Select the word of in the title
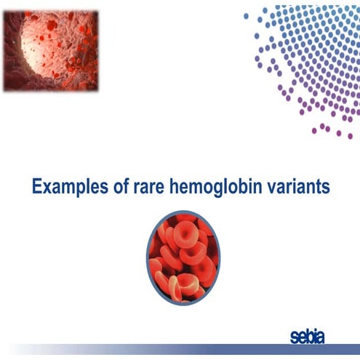116,187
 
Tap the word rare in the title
148,188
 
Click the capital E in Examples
37,187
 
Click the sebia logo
306,336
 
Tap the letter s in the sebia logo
292,337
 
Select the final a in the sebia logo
321,337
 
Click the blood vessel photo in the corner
50,50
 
